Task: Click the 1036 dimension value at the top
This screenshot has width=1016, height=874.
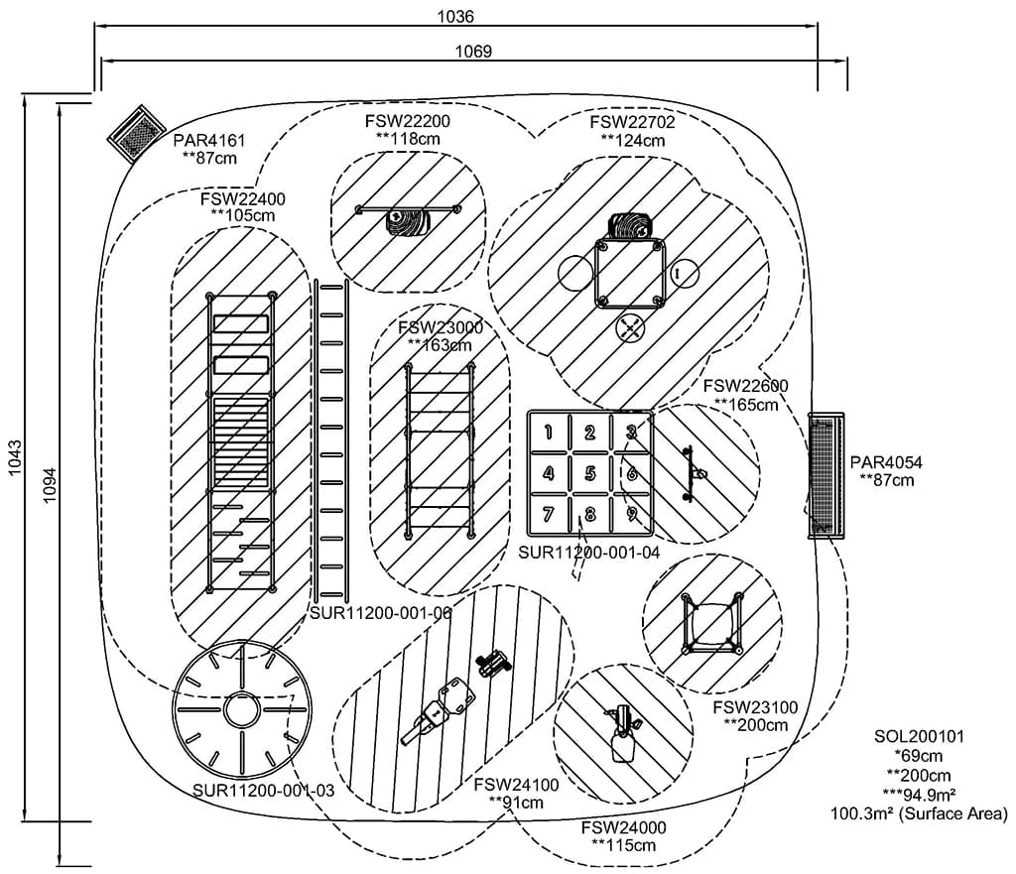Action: pos(455,16)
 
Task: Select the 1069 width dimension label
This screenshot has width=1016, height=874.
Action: pos(473,51)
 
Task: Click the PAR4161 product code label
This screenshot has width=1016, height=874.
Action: pos(208,141)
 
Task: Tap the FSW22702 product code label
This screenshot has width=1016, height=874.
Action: pos(632,123)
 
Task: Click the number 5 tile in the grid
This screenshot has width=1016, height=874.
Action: pos(589,473)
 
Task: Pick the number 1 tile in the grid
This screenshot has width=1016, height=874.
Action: pos(549,432)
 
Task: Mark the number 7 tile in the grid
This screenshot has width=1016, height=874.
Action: pos(548,515)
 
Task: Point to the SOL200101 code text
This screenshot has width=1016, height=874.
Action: pos(919,737)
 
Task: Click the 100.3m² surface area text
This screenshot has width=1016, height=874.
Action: pos(919,813)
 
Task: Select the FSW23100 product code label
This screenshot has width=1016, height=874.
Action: pos(755,707)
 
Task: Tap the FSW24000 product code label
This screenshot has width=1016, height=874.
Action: pos(623,827)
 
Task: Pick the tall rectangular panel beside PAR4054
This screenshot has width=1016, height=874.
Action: pos(825,475)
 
